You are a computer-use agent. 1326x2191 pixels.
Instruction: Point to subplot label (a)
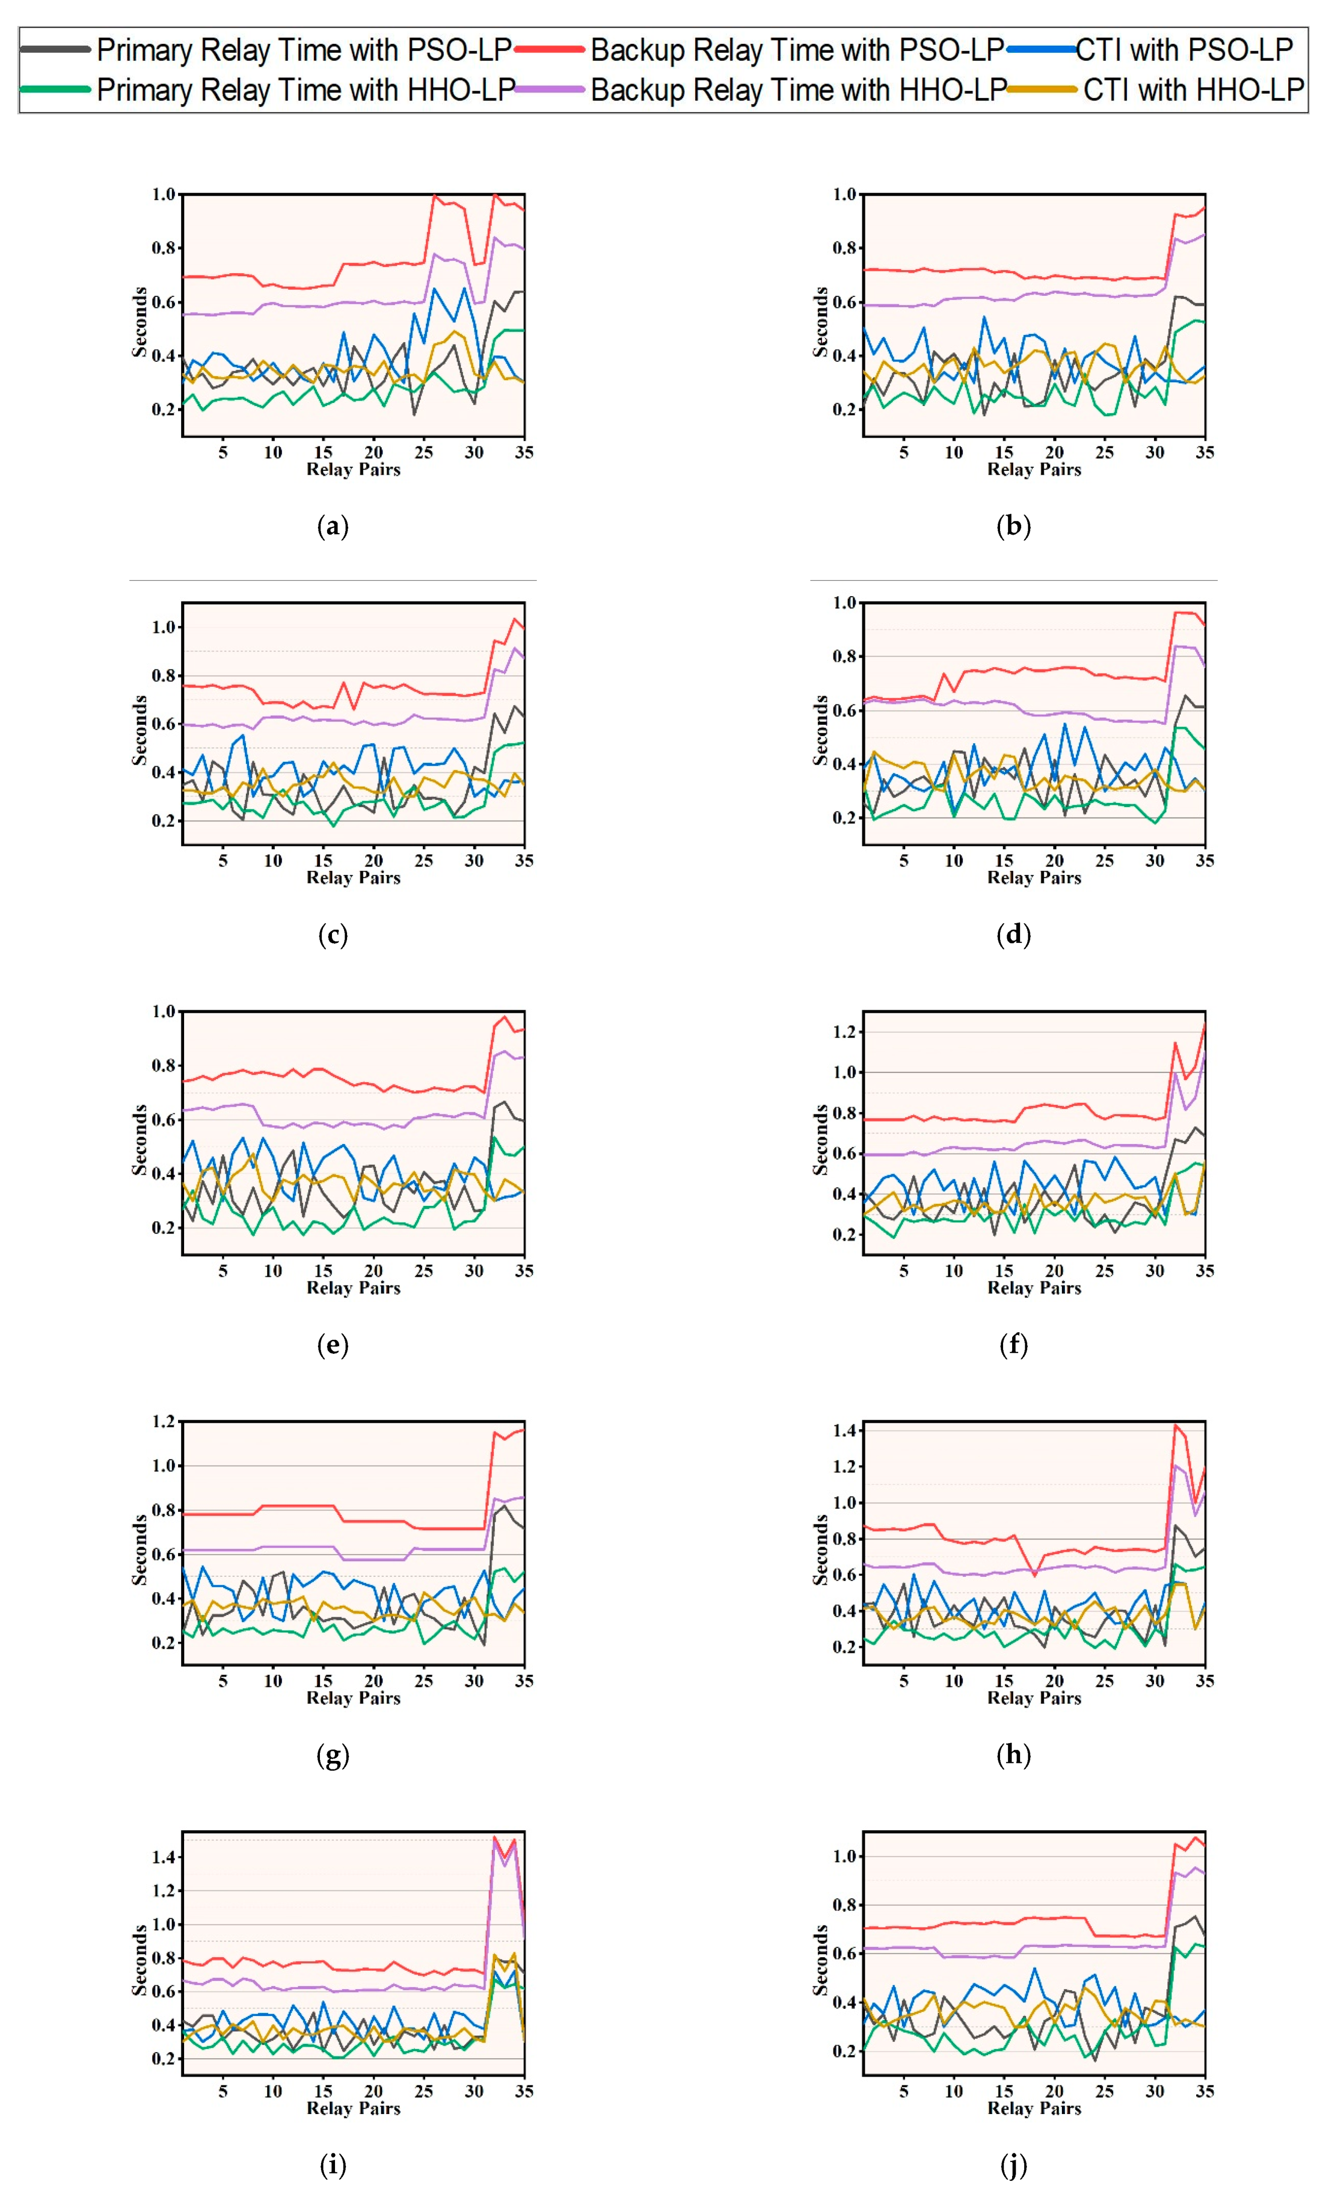[333, 526]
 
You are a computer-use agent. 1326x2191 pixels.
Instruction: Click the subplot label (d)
[1013, 935]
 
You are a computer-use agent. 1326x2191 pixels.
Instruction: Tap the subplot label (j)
[1013, 2165]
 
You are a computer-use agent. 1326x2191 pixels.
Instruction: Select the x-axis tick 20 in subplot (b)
[1054, 452]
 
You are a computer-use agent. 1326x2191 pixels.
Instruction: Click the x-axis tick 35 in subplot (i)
[524, 2091]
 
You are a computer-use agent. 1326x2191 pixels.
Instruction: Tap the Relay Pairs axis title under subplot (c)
[353, 877]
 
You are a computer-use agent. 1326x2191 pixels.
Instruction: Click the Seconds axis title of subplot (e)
[140, 1140]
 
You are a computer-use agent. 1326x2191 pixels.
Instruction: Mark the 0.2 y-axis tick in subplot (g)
[163, 1642]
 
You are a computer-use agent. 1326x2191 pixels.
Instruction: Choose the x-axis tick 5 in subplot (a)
[222, 452]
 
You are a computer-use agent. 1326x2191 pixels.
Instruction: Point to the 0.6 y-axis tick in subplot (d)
[844, 710]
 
